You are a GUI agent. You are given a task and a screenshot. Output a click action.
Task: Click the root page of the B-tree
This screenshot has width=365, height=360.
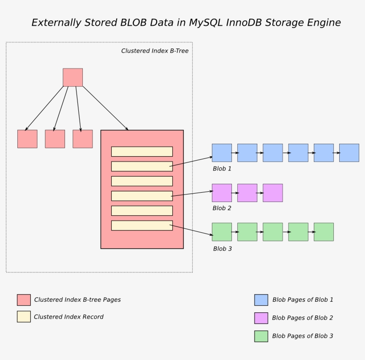pyautogui.click(x=73, y=77)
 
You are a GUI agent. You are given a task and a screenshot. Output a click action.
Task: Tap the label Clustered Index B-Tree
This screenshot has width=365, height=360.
pyautogui.click(x=154, y=51)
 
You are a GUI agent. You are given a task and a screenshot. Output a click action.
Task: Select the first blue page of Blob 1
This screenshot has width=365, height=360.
pyautogui.click(x=222, y=153)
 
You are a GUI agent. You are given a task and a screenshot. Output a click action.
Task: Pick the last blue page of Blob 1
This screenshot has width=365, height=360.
pyautogui.click(x=349, y=153)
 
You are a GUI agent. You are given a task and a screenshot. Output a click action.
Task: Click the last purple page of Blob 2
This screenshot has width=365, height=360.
pyautogui.click(x=272, y=193)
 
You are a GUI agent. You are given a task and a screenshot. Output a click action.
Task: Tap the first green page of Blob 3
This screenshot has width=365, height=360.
pyautogui.click(x=222, y=232)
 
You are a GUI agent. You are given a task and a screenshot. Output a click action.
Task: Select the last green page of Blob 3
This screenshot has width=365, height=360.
pyautogui.click(x=324, y=232)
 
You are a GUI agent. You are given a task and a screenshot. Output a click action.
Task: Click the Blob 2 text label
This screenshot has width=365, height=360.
pyautogui.click(x=222, y=208)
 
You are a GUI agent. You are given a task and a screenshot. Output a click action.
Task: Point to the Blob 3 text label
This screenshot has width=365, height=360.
pyautogui.click(x=222, y=249)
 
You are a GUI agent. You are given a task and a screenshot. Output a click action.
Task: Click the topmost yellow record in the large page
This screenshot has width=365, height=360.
pyautogui.click(x=142, y=152)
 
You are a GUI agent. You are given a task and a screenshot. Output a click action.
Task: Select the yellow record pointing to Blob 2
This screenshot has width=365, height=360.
pyautogui.click(x=142, y=196)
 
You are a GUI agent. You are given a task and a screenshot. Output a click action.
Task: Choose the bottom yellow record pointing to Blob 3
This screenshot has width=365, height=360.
pyautogui.click(x=142, y=226)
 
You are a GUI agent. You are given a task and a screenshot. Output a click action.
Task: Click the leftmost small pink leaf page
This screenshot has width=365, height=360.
pyautogui.click(x=27, y=139)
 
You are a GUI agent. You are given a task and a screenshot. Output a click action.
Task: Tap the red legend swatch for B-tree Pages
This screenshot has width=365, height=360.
pyautogui.click(x=24, y=300)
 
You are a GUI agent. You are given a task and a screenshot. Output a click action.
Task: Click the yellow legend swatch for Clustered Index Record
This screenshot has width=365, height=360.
pyautogui.click(x=24, y=317)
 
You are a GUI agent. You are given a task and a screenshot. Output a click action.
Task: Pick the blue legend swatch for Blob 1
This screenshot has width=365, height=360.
pyautogui.click(x=261, y=300)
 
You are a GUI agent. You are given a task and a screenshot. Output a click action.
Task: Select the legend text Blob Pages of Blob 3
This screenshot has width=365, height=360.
pyautogui.click(x=302, y=336)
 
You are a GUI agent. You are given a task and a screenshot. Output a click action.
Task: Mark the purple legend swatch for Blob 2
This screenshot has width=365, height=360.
pyautogui.click(x=261, y=318)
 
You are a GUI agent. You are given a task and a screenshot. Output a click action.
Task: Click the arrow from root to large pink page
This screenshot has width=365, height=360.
pyautogui.click(x=106, y=108)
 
